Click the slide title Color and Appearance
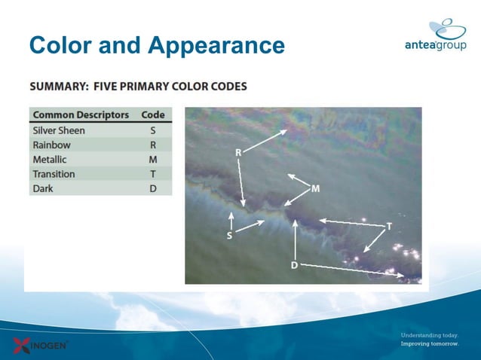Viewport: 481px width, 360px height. click(157, 46)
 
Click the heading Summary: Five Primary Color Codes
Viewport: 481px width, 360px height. click(138, 87)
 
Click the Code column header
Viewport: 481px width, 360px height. click(153, 115)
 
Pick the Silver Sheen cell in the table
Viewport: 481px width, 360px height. click(59, 130)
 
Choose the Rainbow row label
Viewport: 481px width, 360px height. click(51, 145)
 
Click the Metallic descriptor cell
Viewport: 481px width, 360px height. click(50, 160)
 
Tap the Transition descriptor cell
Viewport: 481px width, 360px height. click(54, 174)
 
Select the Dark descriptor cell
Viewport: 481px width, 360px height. click(43, 188)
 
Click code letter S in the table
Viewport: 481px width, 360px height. click(153, 130)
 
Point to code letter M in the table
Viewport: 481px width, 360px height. click(153, 160)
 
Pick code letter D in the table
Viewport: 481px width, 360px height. click(153, 188)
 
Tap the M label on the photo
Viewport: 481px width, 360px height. click(315, 188)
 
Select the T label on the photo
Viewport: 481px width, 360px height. click(389, 226)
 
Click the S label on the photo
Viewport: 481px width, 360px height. click(230, 236)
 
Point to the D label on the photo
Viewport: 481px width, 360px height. click(294, 265)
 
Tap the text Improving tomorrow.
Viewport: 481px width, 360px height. click(429, 343)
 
